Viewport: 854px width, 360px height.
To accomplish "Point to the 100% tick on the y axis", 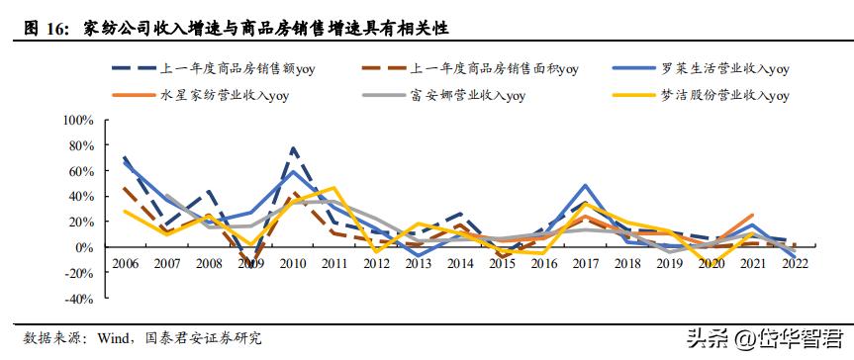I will (x=76, y=120).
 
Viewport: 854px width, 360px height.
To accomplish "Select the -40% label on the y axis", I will (x=76, y=299).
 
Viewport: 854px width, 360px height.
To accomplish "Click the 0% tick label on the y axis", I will (x=82, y=247).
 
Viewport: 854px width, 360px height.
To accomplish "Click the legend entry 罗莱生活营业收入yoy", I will (x=724, y=69).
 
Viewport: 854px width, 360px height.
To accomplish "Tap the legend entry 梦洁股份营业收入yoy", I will (x=724, y=96).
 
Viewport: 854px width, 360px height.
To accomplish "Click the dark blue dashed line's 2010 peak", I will (x=294, y=147).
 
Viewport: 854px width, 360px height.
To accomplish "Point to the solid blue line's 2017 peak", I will (x=587, y=186).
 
